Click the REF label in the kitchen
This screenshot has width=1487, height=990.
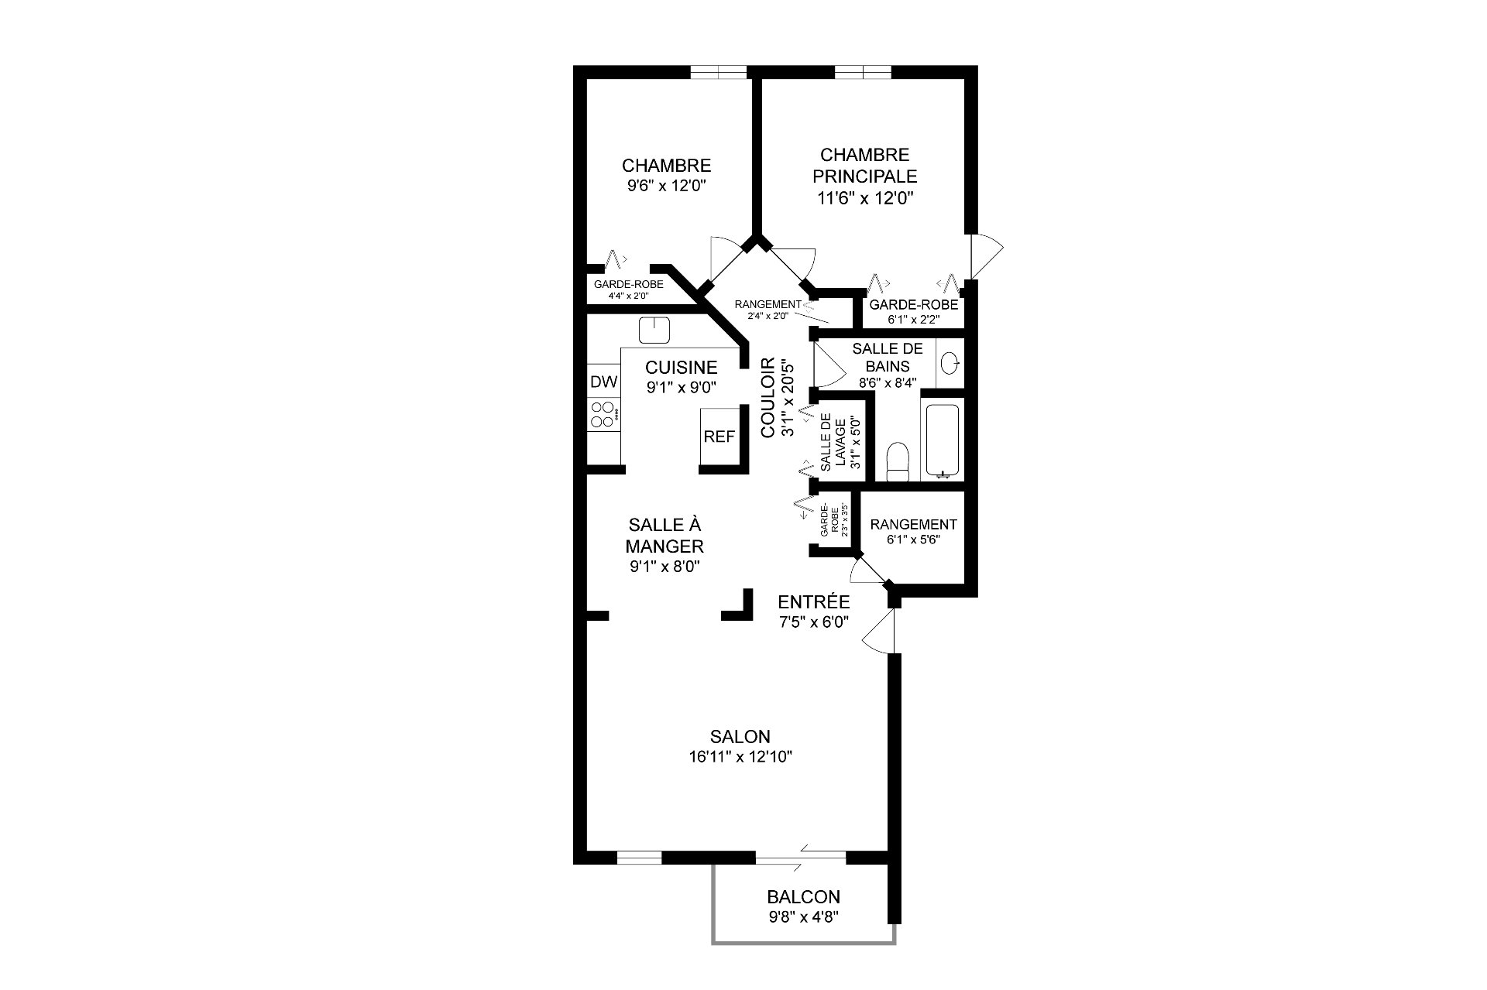pyautogui.click(x=719, y=437)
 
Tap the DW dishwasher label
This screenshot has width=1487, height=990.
pyautogui.click(x=604, y=382)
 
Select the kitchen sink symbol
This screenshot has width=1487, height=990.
pyautogui.click(x=654, y=330)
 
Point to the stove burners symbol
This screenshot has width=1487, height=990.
pyautogui.click(x=603, y=414)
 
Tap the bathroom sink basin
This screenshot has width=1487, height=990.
pyautogui.click(x=950, y=362)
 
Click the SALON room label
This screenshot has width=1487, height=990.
pyautogui.click(x=740, y=736)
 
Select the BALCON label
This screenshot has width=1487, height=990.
pyautogui.click(x=803, y=897)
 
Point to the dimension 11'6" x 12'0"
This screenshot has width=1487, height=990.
pyautogui.click(x=865, y=197)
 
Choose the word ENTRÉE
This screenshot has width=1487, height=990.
pyautogui.click(x=814, y=601)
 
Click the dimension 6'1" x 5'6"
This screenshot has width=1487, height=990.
pyautogui.click(x=914, y=540)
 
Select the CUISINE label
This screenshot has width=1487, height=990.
pyautogui.click(x=682, y=367)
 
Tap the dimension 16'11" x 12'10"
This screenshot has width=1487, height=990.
pyautogui.click(x=740, y=756)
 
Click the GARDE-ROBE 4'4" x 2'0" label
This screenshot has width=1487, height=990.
pyautogui.click(x=629, y=289)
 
